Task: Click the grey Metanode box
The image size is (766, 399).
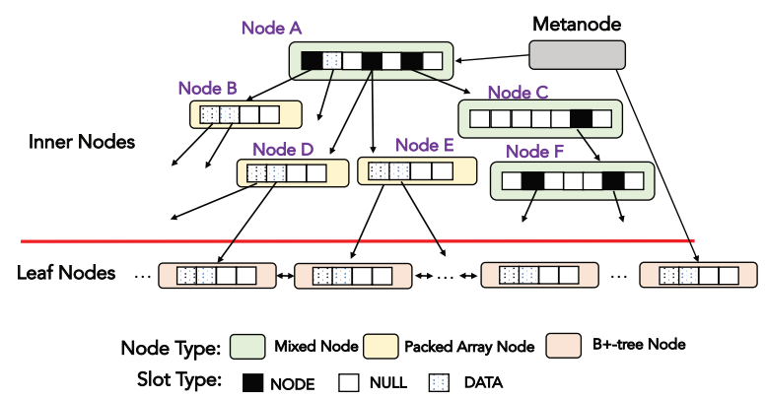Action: (577, 55)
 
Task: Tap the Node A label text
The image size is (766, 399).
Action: (271, 29)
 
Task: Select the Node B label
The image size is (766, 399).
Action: (207, 89)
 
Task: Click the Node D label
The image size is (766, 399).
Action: (283, 151)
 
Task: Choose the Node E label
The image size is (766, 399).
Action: (424, 146)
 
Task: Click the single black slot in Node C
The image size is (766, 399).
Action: (581, 120)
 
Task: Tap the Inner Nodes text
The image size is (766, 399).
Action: (82, 141)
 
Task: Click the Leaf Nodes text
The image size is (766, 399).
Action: (67, 273)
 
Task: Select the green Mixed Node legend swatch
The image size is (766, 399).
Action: (247, 347)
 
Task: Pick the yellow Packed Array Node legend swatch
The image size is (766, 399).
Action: (381, 347)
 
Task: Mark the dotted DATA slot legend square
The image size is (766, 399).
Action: (439, 381)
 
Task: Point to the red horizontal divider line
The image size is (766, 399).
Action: (355, 240)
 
